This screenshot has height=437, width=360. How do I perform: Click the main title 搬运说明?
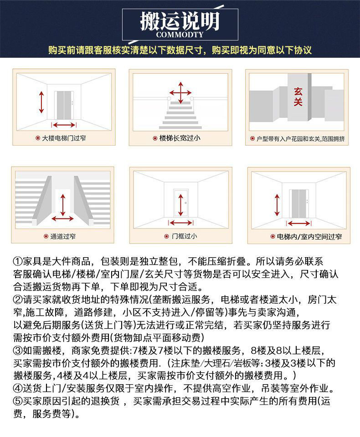(180, 21)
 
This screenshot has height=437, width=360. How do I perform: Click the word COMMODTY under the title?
(180, 35)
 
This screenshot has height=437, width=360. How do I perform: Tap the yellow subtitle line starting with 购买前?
(180, 50)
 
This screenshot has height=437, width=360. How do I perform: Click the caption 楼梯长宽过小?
(180, 137)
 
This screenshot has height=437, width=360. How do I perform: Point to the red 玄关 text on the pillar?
(298, 97)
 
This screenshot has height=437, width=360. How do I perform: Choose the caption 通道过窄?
(63, 236)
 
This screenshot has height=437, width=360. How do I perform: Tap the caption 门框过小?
(184, 236)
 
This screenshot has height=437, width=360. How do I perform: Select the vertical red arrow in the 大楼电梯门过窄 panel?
(41, 102)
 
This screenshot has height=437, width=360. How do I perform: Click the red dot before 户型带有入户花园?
(252, 138)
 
